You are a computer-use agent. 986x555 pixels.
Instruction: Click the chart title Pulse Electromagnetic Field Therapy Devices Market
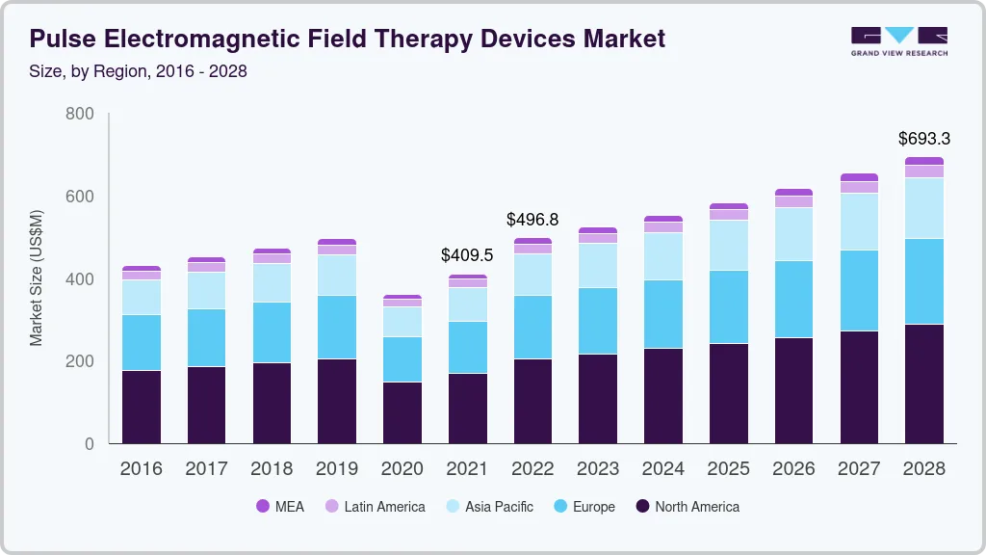pyautogui.click(x=347, y=40)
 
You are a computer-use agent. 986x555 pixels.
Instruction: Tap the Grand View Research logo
pyautogui.click(x=898, y=40)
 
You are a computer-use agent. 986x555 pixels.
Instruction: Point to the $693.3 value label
pyautogui.click(x=923, y=139)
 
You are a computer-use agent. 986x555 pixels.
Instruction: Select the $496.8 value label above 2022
pyautogui.click(x=532, y=220)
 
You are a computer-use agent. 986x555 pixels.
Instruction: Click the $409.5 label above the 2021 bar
pyautogui.click(x=467, y=256)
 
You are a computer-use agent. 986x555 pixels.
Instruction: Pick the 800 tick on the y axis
pyautogui.click(x=80, y=114)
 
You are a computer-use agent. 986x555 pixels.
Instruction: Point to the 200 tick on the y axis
pyautogui.click(x=80, y=361)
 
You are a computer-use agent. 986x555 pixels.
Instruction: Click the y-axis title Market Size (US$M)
pyautogui.click(x=37, y=277)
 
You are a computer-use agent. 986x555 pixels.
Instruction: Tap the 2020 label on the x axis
pyautogui.click(x=402, y=469)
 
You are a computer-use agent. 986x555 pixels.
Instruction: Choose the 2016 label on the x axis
pyautogui.click(x=141, y=469)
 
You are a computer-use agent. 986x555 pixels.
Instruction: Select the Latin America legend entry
pyautogui.click(x=375, y=507)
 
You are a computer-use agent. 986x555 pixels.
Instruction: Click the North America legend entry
pyautogui.click(x=687, y=507)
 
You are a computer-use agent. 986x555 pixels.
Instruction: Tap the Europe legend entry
pyautogui.click(x=583, y=507)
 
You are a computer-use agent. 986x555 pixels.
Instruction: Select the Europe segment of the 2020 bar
pyautogui.click(x=402, y=358)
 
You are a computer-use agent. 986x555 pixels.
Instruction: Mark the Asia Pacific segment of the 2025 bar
pyautogui.click(x=728, y=245)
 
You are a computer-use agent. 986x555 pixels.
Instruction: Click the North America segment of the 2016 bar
pyautogui.click(x=141, y=407)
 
